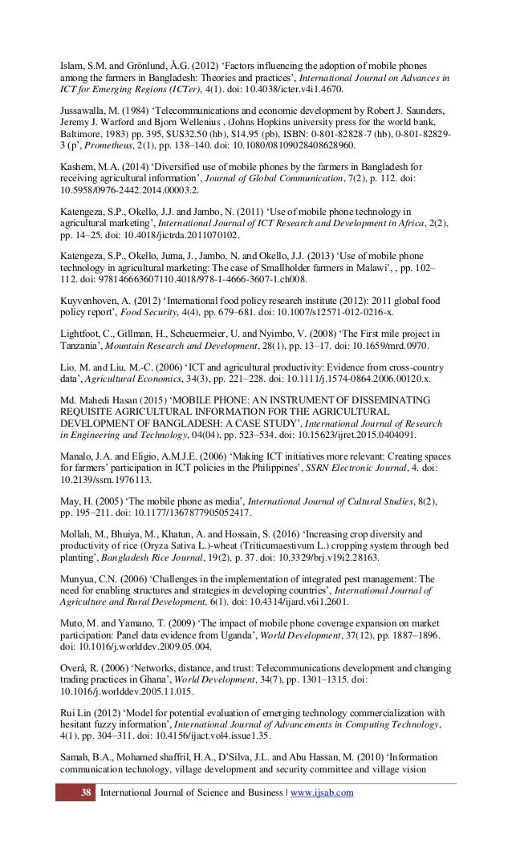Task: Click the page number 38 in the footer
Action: tap(79, 794)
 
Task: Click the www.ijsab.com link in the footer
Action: tap(321, 794)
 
